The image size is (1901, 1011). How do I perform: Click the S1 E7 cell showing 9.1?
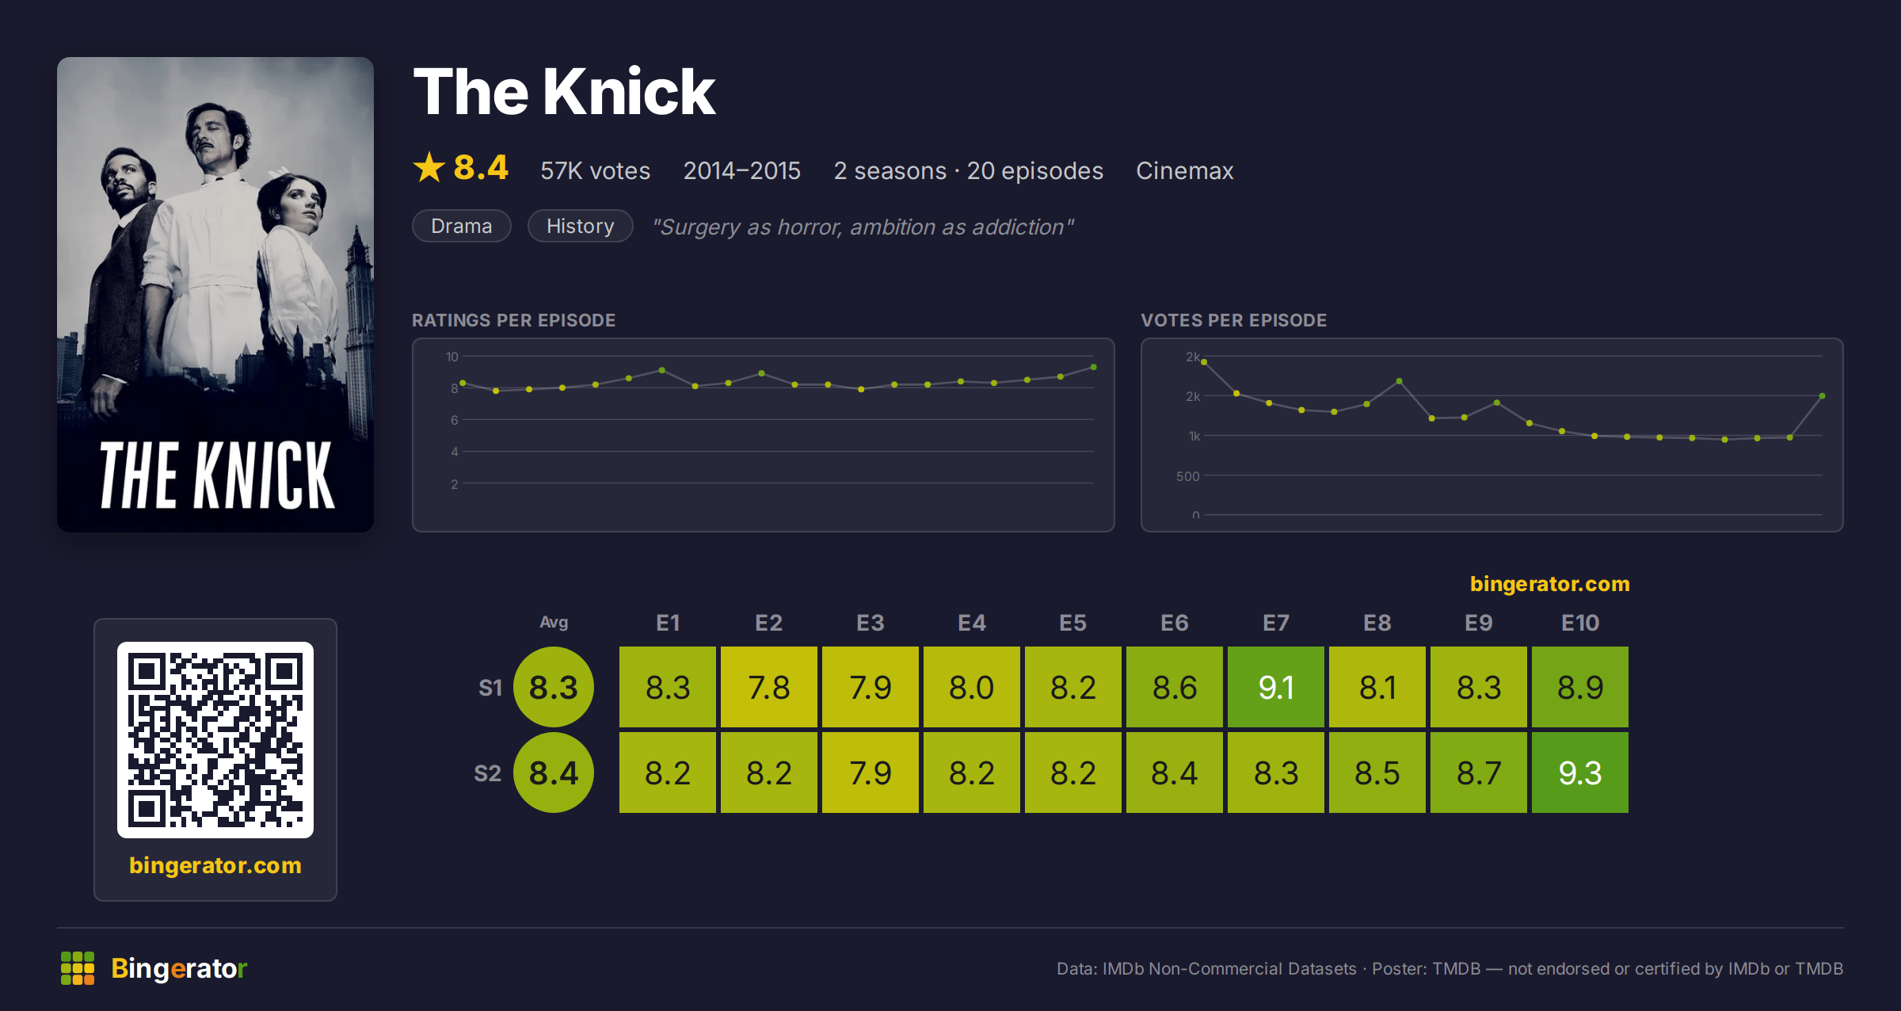(1275, 687)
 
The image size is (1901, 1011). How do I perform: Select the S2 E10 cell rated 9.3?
(1579, 773)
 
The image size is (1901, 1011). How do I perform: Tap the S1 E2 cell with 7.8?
(768, 687)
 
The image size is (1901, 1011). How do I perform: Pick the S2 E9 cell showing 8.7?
(1478, 773)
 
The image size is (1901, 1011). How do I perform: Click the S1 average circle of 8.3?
(554, 687)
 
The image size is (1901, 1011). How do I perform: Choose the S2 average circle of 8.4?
(554, 773)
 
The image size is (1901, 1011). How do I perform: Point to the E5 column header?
(1072, 623)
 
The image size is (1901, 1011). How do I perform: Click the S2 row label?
(487, 773)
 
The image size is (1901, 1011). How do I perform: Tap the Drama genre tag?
(462, 226)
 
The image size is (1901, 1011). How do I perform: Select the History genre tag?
(580, 226)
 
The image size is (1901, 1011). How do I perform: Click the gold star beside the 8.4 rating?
(429, 167)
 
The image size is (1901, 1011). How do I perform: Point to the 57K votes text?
(595, 170)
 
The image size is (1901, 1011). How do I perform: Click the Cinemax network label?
(1184, 170)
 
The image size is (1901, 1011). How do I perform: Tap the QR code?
(215, 740)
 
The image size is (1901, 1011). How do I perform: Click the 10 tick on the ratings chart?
(452, 357)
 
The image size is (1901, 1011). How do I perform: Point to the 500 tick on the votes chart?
(1187, 476)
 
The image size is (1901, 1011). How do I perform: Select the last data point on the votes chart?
(1823, 395)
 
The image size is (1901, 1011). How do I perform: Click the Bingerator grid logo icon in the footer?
(78, 968)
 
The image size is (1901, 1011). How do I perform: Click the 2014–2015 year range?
(741, 170)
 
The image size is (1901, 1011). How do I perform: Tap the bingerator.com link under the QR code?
(215, 865)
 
